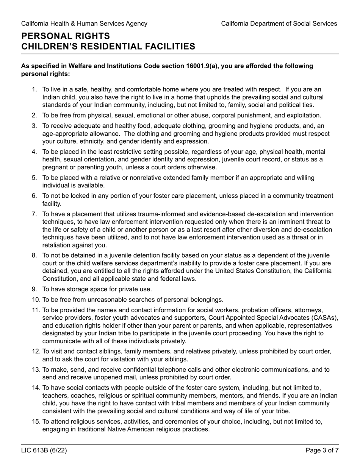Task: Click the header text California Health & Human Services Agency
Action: tap(84, 23)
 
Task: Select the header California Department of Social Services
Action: tap(279, 23)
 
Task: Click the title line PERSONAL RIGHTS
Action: tap(66, 36)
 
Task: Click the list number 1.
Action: tap(34, 89)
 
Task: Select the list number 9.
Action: tap(34, 289)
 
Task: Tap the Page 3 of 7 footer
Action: tap(322, 451)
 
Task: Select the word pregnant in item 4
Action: tap(55, 167)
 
